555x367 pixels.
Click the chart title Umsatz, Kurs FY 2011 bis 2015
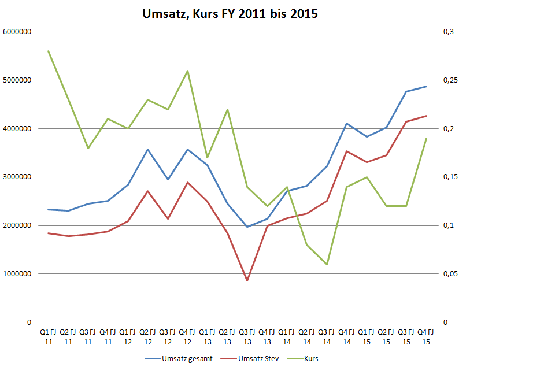click(230, 14)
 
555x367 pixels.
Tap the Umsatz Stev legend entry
click(259, 358)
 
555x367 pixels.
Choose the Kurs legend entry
click(310, 358)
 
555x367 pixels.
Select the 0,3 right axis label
click(448, 32)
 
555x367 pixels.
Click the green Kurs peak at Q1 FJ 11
click(48, 51)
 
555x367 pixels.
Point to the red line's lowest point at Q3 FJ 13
click(247, 281)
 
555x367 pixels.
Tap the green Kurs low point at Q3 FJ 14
click(327, 264)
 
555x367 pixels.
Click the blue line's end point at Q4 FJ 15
click(426, 86)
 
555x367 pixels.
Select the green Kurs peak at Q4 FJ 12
click(187, 71)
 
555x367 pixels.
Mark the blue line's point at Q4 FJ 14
click(346, 123)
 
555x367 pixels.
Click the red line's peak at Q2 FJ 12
click(147, 191)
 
